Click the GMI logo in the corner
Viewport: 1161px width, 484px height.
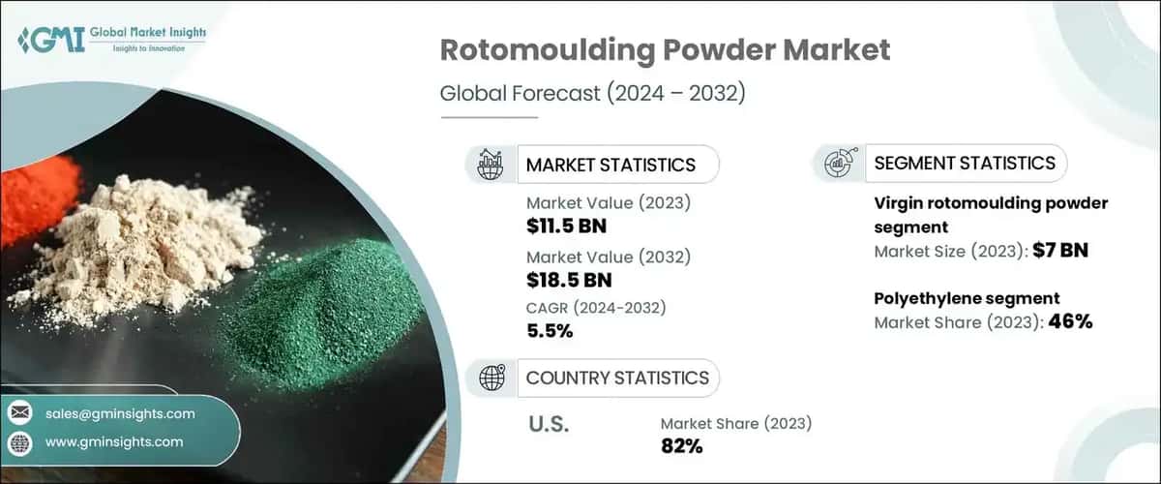(111, 42)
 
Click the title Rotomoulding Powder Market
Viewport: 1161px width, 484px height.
(665, 51)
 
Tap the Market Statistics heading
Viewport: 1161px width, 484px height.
(610, 165)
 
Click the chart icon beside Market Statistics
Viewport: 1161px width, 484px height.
(491, 164)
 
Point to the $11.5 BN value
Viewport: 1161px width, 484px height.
(568, 227)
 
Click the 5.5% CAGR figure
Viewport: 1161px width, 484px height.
(550, 331)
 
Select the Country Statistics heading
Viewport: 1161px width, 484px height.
(616, 378)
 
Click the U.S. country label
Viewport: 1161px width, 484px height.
(549, 424)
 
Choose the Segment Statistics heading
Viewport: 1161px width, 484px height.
(965, 163)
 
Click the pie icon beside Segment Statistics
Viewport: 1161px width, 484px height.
(838, 163)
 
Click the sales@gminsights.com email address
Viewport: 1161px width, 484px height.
(120, 413)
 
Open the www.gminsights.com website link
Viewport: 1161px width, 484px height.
(114, 441)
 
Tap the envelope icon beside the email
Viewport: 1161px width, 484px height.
(19, 413)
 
